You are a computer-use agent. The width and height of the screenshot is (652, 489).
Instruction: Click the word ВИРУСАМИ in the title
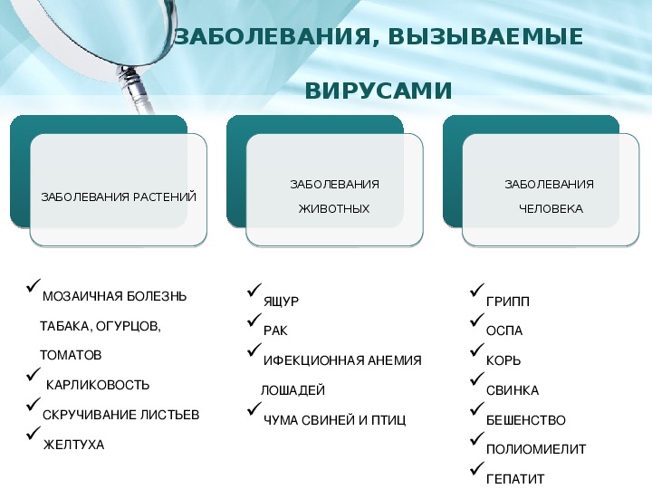click(x=379, y=91)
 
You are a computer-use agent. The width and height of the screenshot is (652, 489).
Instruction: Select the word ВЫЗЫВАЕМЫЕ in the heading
click(x=485, y=36)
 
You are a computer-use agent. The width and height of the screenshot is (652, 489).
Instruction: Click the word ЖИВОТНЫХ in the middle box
click(x=334, y=208)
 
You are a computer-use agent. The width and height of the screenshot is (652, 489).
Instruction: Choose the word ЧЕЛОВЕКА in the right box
click(x=551, y=208)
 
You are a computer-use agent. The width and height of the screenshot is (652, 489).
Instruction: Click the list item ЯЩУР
click(x=281, y=302)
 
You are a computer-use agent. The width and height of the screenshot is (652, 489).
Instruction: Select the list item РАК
click(x=275, y=331)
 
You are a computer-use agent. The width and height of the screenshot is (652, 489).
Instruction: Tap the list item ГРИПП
click(x=508, y=302)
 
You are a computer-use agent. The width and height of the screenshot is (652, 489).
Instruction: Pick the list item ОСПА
click(x=504, y=331)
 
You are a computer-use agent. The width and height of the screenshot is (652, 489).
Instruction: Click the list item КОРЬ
click(x=503, y=360)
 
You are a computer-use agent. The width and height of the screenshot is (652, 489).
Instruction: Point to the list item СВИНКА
click(x=513, y=390)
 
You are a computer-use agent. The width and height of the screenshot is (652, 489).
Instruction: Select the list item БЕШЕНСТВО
click(x=525, y=420)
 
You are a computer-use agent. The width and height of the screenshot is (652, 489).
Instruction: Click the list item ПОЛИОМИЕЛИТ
click(x=536, y=449)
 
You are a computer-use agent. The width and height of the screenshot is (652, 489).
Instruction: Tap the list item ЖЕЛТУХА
click(x=73, y=445)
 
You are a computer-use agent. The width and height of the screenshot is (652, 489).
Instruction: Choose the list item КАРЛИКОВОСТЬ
click(x=97, y=385)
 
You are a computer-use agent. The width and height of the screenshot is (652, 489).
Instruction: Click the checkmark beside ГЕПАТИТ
click(x=477, y=468)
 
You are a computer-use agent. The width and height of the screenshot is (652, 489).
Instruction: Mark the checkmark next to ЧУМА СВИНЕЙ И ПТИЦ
click(x=254, y=408)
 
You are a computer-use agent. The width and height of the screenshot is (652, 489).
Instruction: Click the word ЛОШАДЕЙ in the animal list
click(x=292, y=390)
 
